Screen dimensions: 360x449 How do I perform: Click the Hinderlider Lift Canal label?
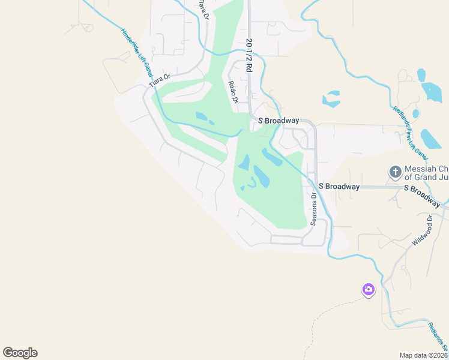tap(137, 53)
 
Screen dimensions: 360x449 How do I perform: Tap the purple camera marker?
tap(369, 290)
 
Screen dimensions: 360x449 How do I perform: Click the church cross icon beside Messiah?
tap(396, 173)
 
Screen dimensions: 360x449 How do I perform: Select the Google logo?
tap(20, 353)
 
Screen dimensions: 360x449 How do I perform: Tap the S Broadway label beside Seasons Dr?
tap(339, 187)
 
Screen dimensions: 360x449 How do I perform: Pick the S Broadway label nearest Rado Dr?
tap(279, 121)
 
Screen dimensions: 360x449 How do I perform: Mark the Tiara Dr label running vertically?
tap(204, 10)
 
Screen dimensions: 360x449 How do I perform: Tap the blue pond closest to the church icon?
tap(430, 139)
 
